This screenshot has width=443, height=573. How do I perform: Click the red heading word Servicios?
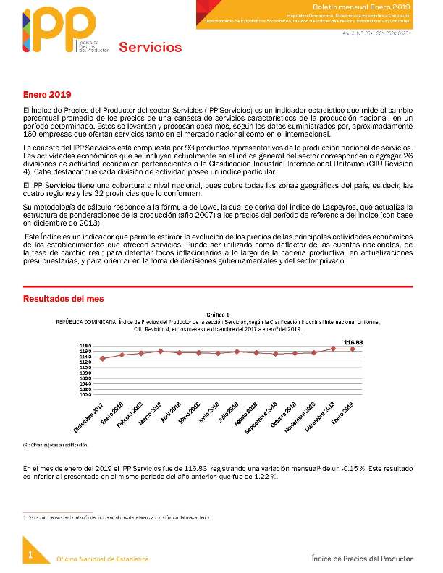click(x=150, y=48)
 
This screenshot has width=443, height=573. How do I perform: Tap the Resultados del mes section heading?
click(x=64, y=298)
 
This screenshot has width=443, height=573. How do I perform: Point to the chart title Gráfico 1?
click(x=217, y=315)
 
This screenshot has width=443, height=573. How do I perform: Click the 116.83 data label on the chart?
click(x=353, y=341)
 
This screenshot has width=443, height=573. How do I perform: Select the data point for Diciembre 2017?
click(x=103, y=358)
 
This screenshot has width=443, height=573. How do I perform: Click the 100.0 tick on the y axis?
click(x=85, y=394)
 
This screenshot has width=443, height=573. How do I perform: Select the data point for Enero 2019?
click(x=353, y=349)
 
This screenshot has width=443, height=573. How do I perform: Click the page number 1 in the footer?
click(x=31, y=554)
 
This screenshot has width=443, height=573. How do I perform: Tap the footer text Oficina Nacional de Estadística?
click(x=103, y=559)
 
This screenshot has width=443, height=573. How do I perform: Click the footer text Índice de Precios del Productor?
click(x=361, y=559)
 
